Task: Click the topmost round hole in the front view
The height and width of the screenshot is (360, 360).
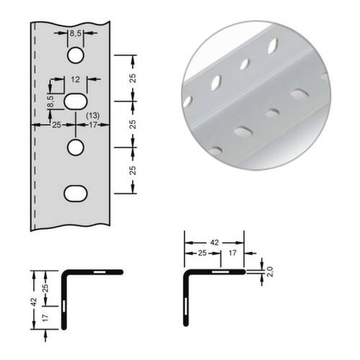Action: (x=76, y=55)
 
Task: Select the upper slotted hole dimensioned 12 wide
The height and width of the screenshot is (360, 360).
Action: (x=76, y=102)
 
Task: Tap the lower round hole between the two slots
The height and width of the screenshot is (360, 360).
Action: (x=76, y=147)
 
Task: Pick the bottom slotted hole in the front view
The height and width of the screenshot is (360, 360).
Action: (x=76, y=192)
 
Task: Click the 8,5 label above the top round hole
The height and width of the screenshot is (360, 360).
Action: (x=76, y=34)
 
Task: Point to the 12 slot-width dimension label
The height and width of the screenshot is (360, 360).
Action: (x=76, y=81)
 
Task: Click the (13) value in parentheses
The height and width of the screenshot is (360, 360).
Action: (x=92, y=115)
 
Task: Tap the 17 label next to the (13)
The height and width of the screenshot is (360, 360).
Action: (x=91, y=125)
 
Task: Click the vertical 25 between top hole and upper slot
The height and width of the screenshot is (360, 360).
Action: (x=132, y=78)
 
